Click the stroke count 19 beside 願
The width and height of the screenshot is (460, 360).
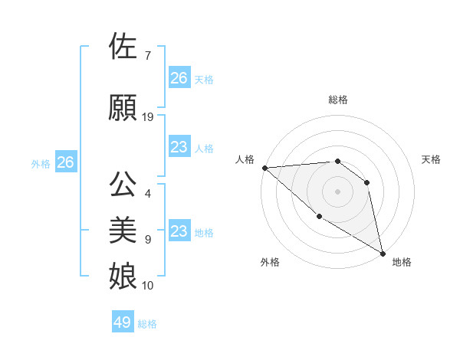(x=148, y=117)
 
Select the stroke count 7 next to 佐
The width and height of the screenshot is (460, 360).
(x=147, y=56)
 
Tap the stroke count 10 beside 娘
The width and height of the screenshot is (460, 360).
(x=148, y=286)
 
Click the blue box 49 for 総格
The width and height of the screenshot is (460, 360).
(x=123, y=322)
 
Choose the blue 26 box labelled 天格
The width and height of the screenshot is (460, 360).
(x=179, y=78)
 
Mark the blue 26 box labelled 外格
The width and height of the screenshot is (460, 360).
(x=66, y=162)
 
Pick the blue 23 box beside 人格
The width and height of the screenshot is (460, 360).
(x=179, y=147)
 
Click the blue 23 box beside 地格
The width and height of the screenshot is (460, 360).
(x=179, y=231)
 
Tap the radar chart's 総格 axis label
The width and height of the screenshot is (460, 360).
(x=337, y=100)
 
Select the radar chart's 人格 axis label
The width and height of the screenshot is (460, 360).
(x=245, y=159)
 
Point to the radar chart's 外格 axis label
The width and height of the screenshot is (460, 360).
(x=270, y=262)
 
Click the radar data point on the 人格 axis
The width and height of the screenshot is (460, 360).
(x=264, y=168)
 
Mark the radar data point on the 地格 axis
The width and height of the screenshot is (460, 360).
(x=383, y=253)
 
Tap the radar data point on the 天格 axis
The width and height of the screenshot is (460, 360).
(x=366, y=182)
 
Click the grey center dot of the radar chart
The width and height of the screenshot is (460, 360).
(x=337, y=191)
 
